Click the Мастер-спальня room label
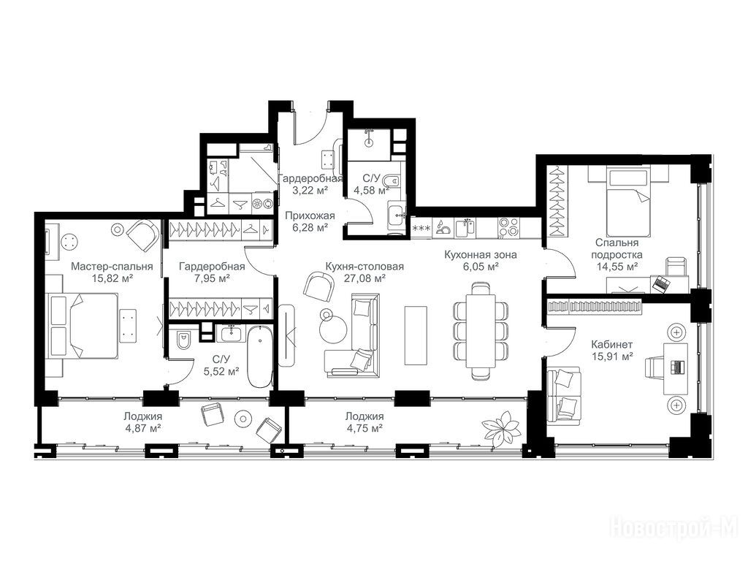pyautogui.click(x=112, y=266)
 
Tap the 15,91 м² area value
pyautogui.click(x=612, y=356)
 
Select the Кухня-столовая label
pyautogui.click(x=365, y=266)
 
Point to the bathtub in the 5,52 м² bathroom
pyautogui.click(x=260, y=356)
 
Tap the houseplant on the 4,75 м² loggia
pyautogui.click(x=501, y=426)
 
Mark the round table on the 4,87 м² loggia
pyautogui.click(x=243, y=419)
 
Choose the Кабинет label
pyautogui.click(x=612, y=344)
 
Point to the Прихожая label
pyautogui.click(x=310, y=216)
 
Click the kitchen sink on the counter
pyautogui.click(x=465, y=228)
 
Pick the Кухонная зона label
pyautogui.click(x=481, y=255)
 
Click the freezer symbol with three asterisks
pyautogui.click(x=421, y=228)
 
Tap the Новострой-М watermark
pyautogui.click(x=674, y=529)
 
